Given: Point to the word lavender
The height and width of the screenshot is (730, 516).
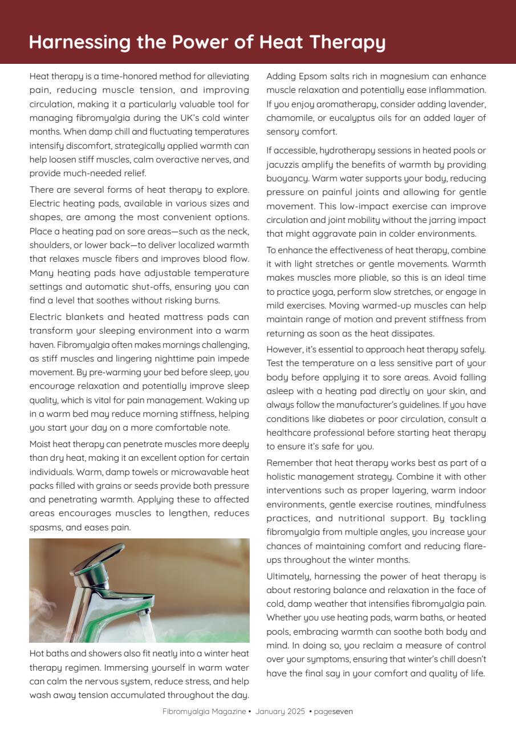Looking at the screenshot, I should pyautogui.click(x=467, y=104).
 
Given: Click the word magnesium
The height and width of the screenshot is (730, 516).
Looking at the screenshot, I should pyautogui.click(x=399, y=76).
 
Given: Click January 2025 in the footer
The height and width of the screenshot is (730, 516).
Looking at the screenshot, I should pyautogui.click(x=281, y=712).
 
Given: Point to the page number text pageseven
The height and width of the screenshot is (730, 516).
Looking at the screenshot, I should pyautogui.click(x=334, y=712).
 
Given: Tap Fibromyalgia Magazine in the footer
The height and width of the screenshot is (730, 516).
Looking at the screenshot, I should pyautogui.click(x=204, y=712).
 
